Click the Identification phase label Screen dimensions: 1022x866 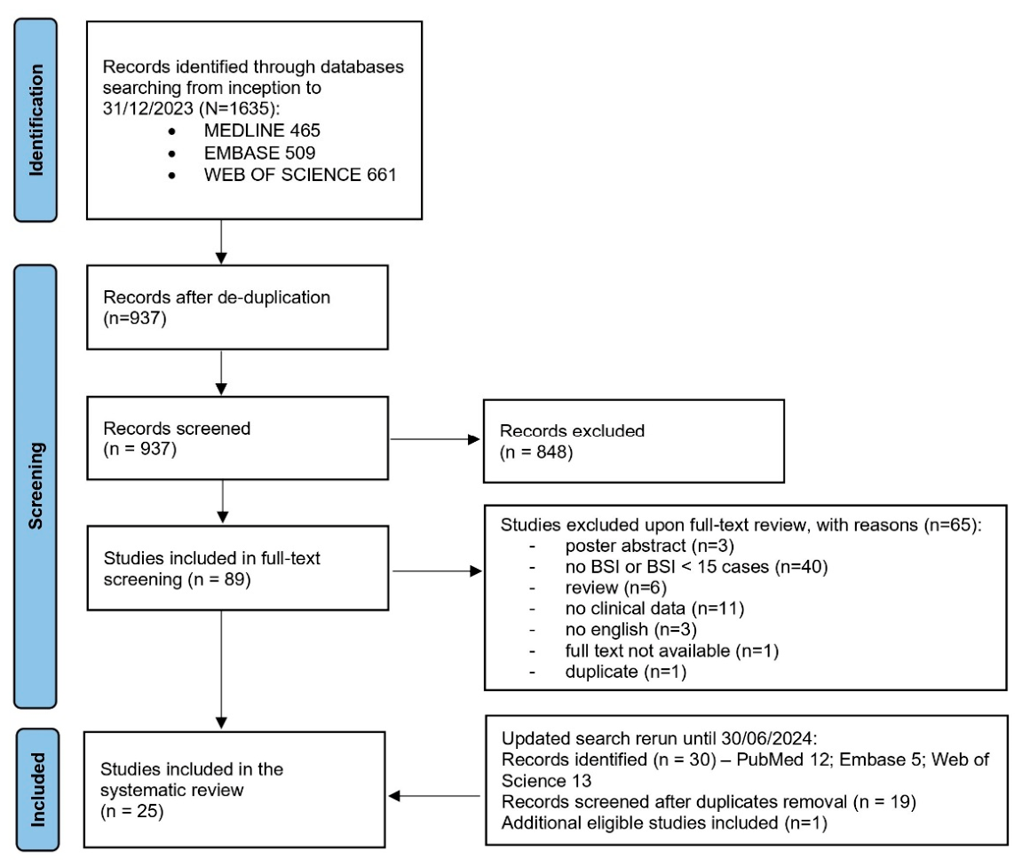pos(36,120)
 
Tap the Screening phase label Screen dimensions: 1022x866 pos(36,485)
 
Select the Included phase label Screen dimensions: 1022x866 pos(38,789)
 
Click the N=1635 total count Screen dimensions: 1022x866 pos(239,108)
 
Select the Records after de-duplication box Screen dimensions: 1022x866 pos(237,307)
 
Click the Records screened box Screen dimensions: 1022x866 pos(237,438)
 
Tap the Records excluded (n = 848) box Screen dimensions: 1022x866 pos(634,441)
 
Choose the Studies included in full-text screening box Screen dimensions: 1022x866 pos(238,568)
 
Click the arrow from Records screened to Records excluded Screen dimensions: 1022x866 pos(435,439)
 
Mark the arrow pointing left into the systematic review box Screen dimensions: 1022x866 pos(434,796)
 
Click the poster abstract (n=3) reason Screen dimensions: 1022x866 pos(649,546)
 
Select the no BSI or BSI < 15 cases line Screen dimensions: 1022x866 pos(696,566)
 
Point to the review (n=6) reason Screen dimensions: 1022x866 pos(616,587)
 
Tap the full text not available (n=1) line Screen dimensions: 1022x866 pos(672,650)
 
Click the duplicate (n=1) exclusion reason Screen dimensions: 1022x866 pos(626,672)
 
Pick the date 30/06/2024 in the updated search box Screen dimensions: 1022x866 pos(766,738)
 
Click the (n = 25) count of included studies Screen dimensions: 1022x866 pos(131,811)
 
